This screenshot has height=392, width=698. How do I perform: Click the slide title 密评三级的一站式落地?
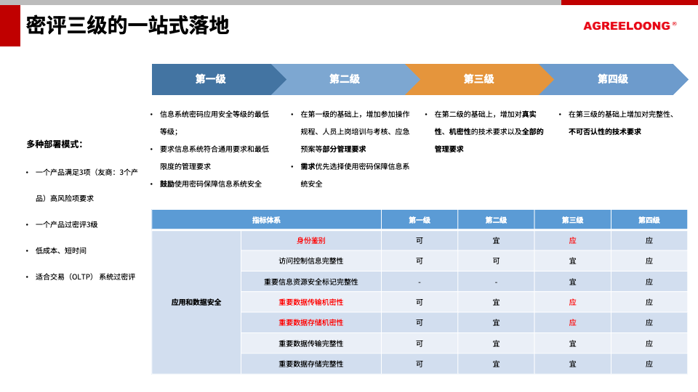point(128,26)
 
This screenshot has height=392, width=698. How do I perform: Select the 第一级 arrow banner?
point(211,79)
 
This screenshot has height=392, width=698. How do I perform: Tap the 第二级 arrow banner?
point(345,79)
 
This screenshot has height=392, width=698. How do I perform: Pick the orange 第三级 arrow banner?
point(478,79)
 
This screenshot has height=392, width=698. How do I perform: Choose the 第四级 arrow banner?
point(612,79)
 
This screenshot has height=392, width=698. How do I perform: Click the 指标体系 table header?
point(266,220)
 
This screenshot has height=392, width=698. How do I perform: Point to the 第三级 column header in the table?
point(572,220)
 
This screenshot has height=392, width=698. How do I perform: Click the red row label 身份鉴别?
point(310,240)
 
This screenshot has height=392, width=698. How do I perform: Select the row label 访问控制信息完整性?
point(310,261)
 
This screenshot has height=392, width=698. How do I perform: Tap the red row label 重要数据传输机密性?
point(310,302)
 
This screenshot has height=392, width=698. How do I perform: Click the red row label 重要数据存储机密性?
point(310,322)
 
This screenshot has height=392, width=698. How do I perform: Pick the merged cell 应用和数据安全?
point(196,302)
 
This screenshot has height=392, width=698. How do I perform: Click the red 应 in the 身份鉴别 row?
point(572,240)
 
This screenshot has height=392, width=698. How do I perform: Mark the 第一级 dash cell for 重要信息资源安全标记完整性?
point(420,282)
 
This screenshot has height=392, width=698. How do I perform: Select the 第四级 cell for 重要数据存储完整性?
point(649,364)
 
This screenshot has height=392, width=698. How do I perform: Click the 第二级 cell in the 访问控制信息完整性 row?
point(496,261)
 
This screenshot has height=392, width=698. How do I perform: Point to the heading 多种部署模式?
point(55,144)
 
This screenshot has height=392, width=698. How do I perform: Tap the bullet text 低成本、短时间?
point(61,250)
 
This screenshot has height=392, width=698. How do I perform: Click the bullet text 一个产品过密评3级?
point(66,224)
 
